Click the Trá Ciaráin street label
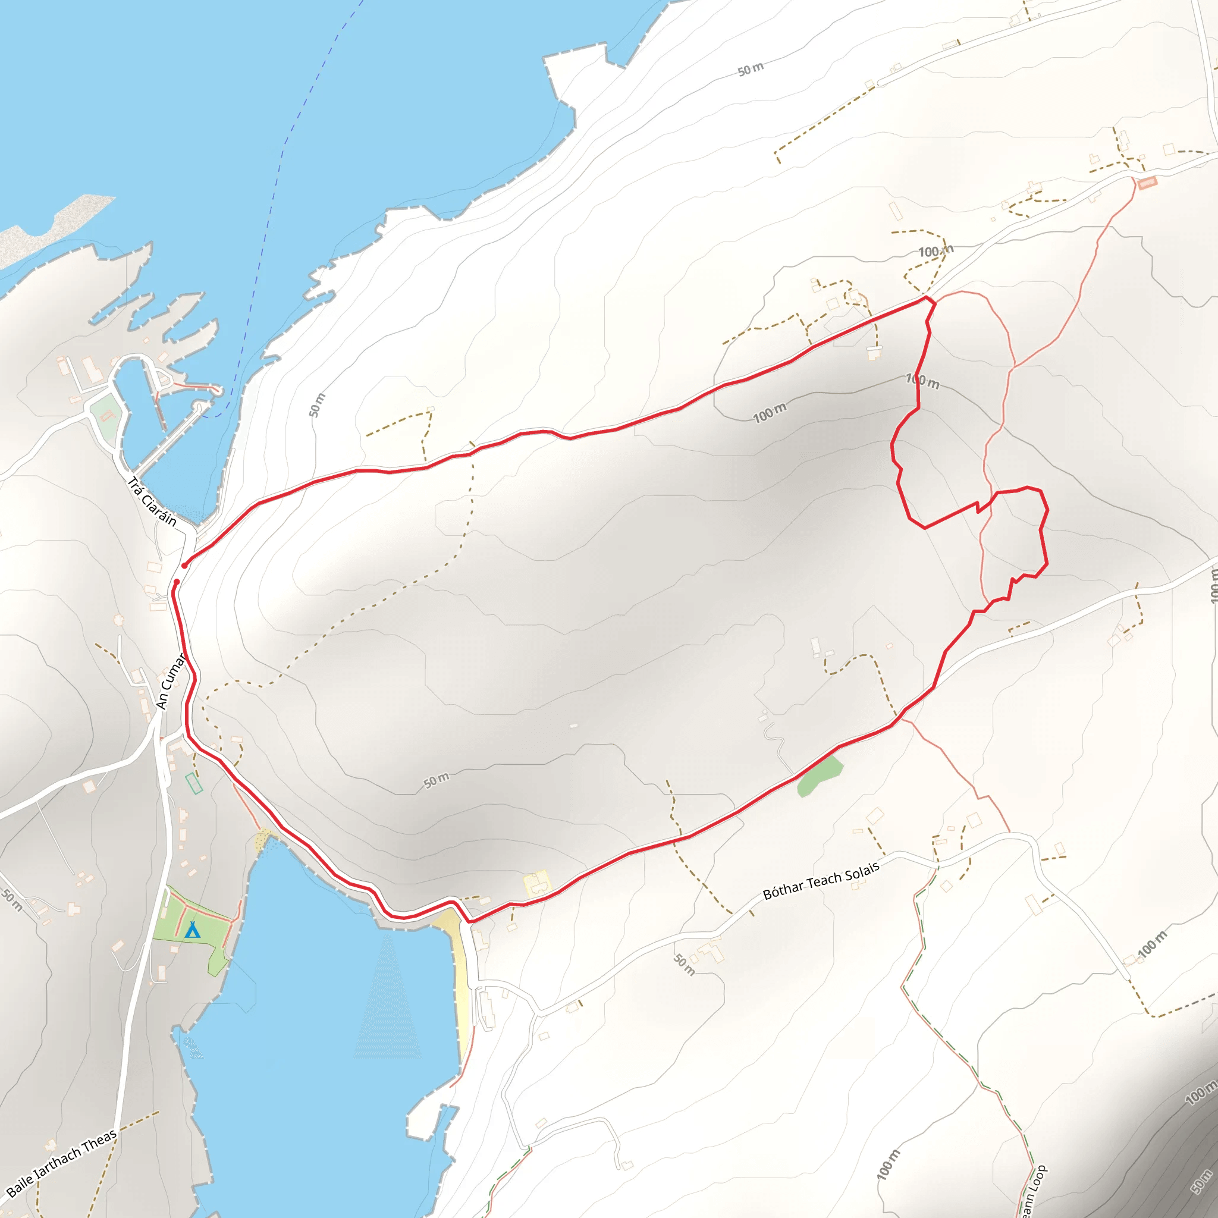152,502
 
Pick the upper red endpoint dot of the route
184,566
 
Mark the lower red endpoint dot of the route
177,581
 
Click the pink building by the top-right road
1147,182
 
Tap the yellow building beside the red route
536,883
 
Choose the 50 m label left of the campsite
11,900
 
